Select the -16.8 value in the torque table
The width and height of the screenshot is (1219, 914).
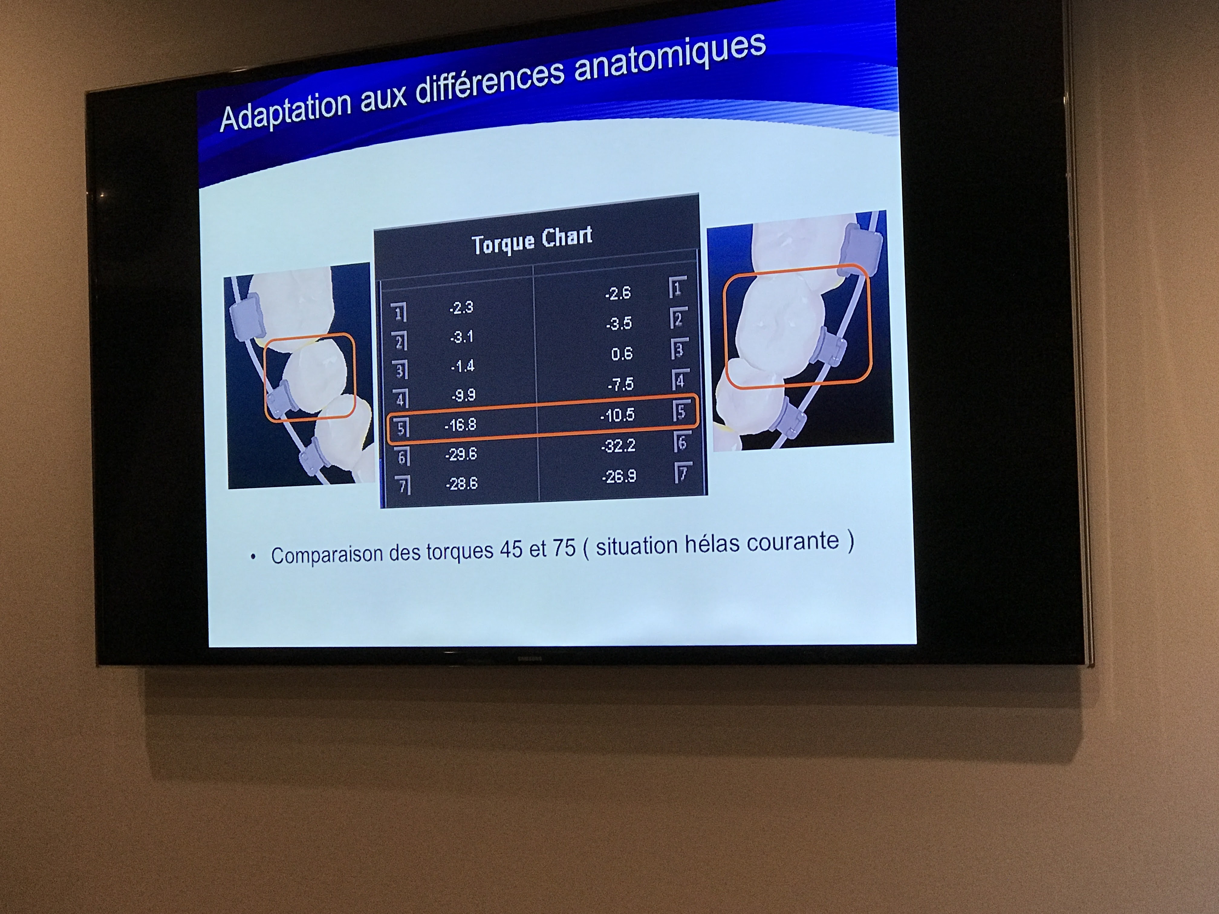pos(460,425)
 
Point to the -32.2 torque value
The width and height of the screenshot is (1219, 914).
pos(618,445)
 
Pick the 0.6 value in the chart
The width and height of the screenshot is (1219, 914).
pos(622,354)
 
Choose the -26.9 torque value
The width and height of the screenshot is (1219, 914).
pos(619,476)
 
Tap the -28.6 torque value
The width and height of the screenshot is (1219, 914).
pos(462,484)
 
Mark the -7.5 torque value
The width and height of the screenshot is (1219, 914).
pos(620,384)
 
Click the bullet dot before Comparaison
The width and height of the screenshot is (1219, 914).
pos(253,557)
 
